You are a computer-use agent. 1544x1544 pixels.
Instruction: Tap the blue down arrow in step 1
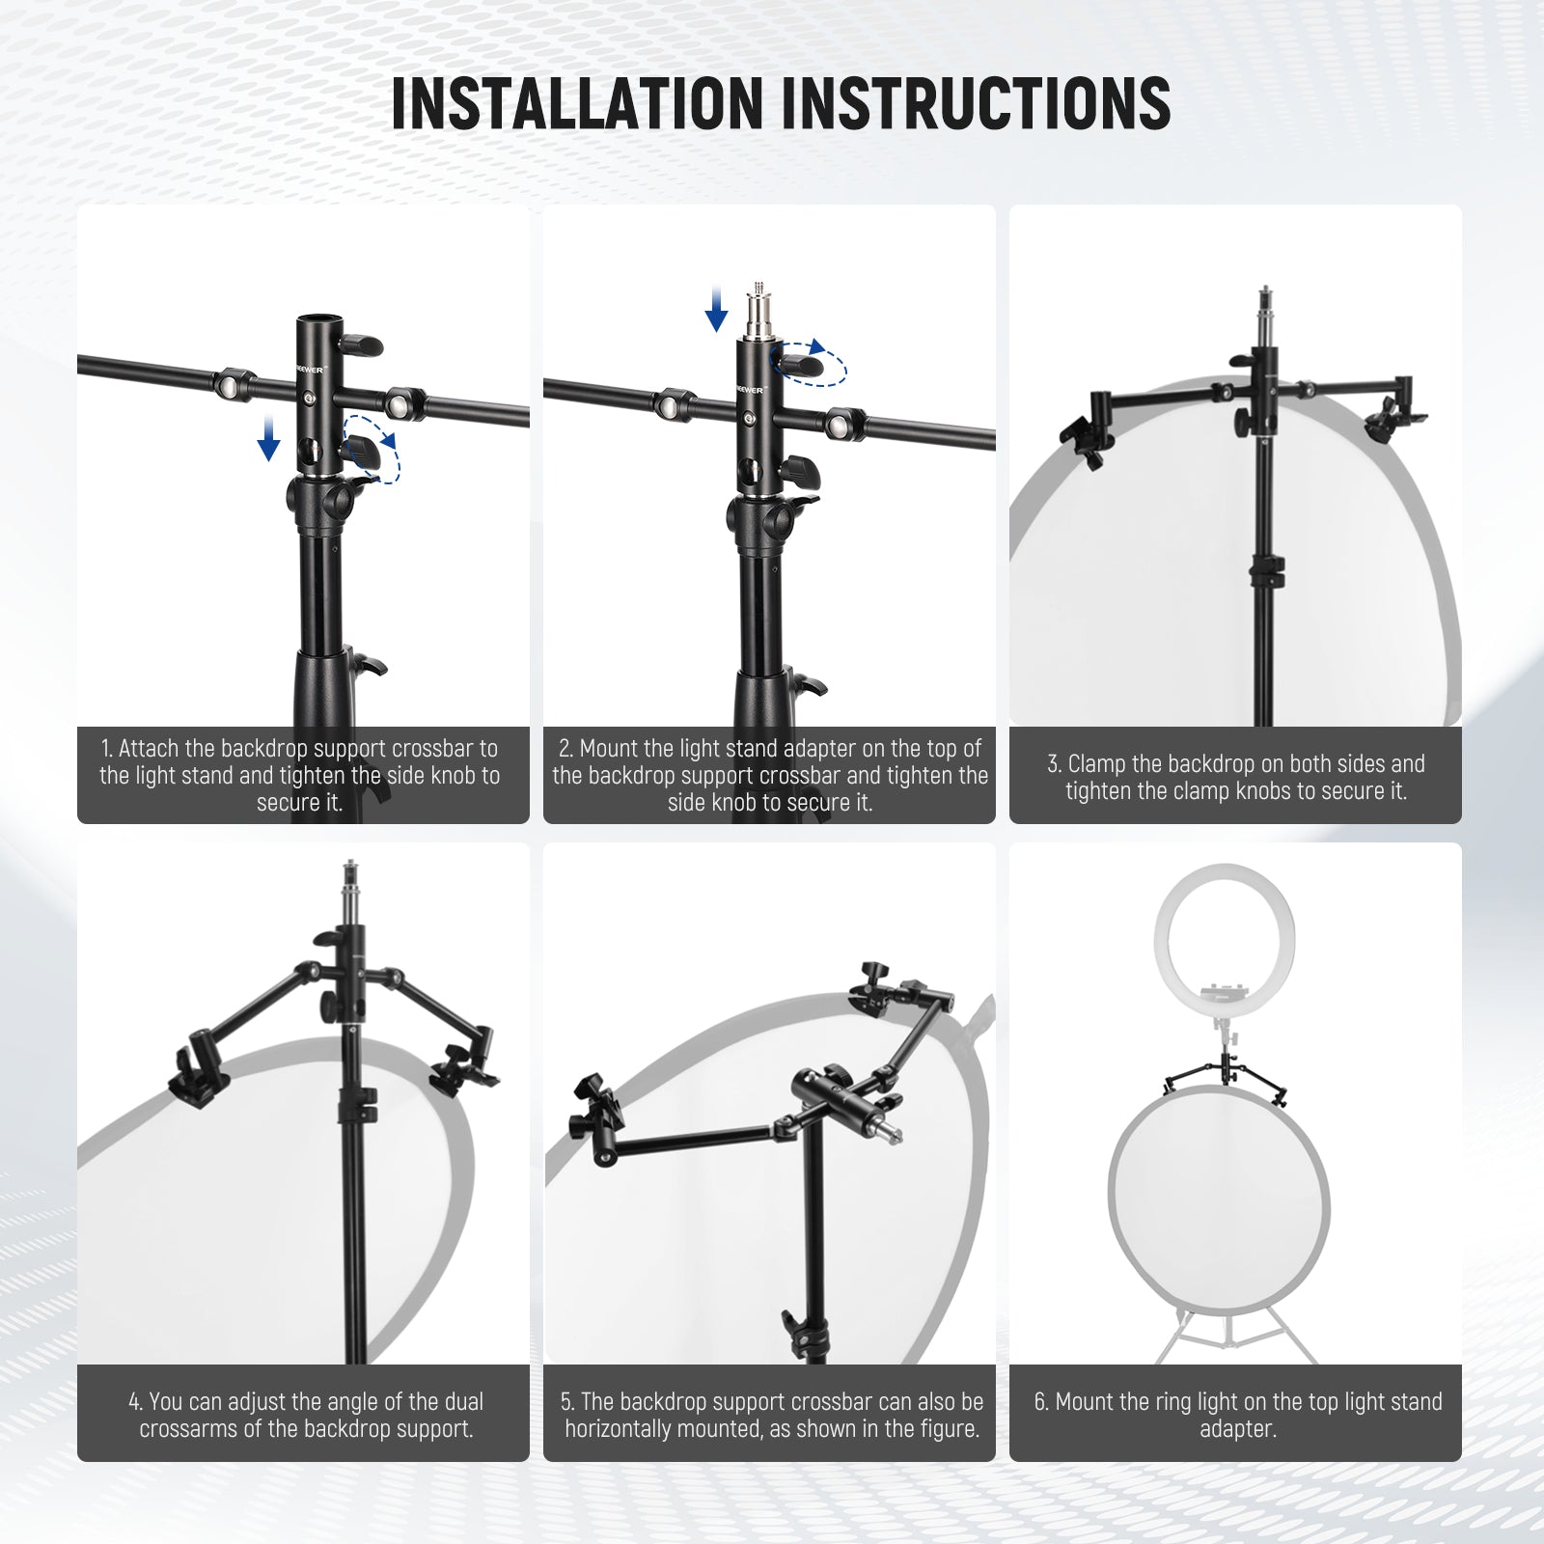pos(268,438)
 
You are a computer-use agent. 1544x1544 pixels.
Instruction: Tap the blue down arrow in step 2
pos(716,308)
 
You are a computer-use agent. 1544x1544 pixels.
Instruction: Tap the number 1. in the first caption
pos(107,749)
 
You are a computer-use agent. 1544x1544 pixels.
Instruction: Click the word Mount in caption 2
pos(611,749)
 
